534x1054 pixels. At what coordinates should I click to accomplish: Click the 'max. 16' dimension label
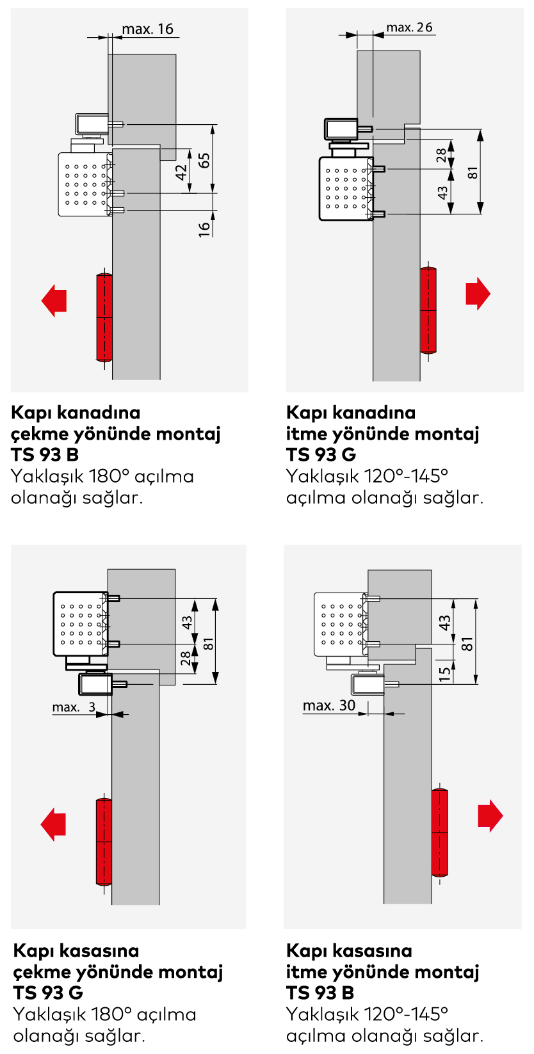[147, 29]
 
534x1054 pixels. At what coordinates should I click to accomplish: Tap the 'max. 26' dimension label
[409, 28]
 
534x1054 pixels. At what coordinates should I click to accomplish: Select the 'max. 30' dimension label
[329, 705]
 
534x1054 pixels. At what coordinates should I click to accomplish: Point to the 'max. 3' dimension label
[74, 707]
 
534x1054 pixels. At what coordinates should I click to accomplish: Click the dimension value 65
[204, 160]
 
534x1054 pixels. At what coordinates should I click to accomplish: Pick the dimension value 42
[181, 172]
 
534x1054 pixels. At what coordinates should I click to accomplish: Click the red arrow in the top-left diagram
[54, 300]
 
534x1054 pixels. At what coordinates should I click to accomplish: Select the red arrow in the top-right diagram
[478, 294]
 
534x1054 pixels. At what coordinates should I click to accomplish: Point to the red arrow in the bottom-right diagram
[490, 816]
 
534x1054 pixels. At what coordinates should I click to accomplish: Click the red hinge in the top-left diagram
[104, 317]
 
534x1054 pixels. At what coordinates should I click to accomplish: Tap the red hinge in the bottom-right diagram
[439, 833]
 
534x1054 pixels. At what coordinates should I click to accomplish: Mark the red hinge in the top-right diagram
[428, 310]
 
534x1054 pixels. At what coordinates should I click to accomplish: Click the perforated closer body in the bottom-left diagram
[81, 624]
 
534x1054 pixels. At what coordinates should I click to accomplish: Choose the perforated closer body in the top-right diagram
[346, 188]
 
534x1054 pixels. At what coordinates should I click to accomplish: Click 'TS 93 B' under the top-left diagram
[45, 454]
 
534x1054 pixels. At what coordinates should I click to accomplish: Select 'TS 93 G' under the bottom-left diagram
[48, 993]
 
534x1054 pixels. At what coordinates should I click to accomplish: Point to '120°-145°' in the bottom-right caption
[407, 1014]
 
